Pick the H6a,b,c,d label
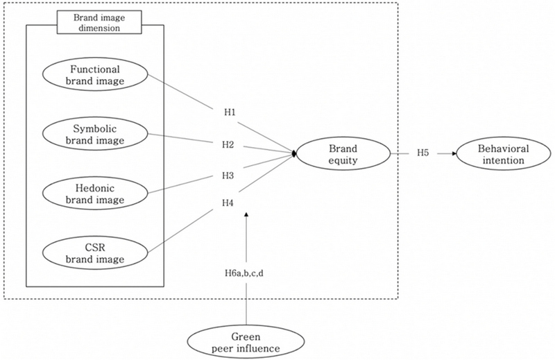pos(247,273)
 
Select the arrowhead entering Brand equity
pos(295,153)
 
